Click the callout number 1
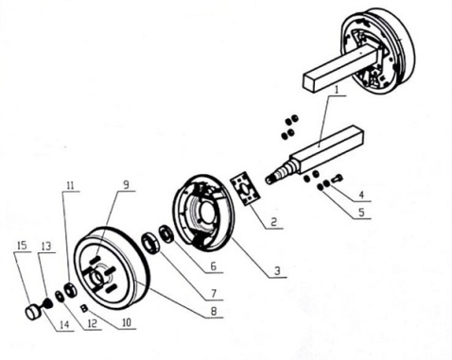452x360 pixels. point(336,90)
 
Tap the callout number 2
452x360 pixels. point(273,222)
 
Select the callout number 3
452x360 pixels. point(277,271)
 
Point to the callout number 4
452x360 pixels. point(361,195)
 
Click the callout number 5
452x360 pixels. point(361,212)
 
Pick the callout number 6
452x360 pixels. point(214,266)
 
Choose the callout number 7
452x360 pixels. point(214,293)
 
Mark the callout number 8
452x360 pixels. point(214,312)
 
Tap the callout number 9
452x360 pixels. point(126,184)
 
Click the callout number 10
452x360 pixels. point(127,323)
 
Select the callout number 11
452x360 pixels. point(70,185)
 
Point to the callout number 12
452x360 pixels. point(92,324)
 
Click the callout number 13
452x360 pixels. point(45,246)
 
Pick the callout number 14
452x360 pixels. point(64,325)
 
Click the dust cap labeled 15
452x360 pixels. point(33,312)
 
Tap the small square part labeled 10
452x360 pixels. point(84,308)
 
